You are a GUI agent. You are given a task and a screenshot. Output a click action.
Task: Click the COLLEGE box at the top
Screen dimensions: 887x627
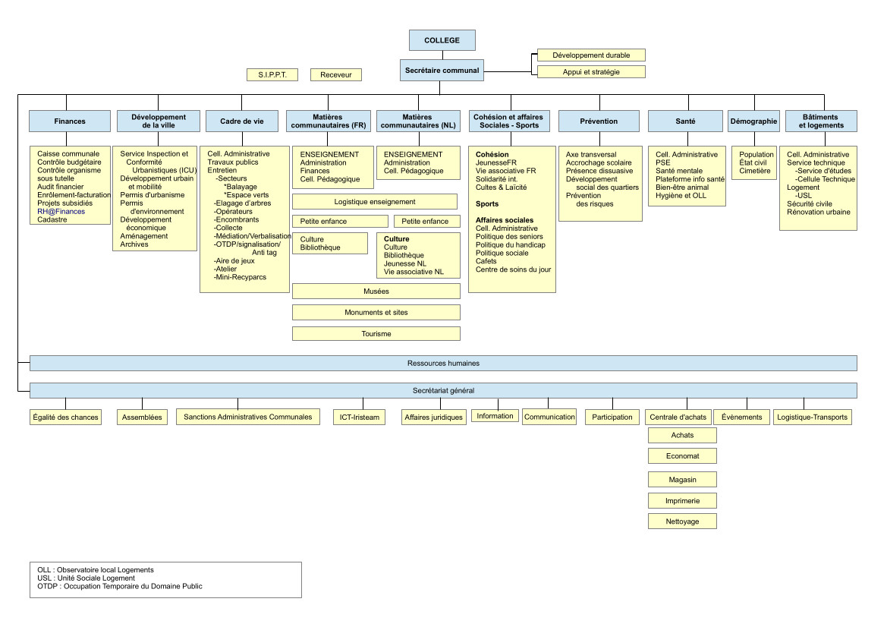coord(442,40)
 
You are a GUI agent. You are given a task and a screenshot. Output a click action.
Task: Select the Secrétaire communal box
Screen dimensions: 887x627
coord(442,70)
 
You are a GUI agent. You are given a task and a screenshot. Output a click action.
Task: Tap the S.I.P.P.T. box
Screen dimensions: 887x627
coord(272,74)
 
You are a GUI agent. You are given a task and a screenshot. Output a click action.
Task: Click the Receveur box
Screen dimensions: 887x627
coord(336,74)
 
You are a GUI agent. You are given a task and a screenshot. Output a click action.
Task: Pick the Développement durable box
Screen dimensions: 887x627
coord(591,55)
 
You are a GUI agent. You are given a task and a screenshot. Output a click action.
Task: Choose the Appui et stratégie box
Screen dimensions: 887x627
coord(591,72)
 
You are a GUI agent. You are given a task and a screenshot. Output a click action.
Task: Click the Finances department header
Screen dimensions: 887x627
coord(70,121)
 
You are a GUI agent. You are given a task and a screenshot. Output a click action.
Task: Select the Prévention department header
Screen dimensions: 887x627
coord(599,121)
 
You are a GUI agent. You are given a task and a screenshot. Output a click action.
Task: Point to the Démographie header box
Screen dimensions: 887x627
coord(754,121)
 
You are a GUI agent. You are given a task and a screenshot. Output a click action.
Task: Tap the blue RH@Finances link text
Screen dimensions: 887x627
coord(61,212)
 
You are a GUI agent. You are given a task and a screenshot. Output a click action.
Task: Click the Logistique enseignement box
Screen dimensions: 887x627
coord(375,202)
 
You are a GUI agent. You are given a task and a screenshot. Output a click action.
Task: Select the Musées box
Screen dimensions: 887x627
coord(376,291)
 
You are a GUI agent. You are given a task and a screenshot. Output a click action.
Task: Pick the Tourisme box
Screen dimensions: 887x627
coord(376,334)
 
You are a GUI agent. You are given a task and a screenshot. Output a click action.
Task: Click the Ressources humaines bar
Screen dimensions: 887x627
coord(443,364)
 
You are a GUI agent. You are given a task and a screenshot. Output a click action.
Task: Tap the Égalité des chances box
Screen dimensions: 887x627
coord(65,417)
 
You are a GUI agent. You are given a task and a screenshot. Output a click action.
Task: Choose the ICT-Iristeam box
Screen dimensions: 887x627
coord(359,417)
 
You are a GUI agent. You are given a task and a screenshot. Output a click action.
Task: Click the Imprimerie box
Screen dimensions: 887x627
coord(682,501)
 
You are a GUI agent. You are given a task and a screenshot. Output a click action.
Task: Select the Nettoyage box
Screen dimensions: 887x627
coord(682,521)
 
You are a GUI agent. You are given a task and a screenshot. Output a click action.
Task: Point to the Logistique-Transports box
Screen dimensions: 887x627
coord(813,417)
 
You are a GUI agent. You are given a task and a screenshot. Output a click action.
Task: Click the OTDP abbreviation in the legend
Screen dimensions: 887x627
coord(46,586)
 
